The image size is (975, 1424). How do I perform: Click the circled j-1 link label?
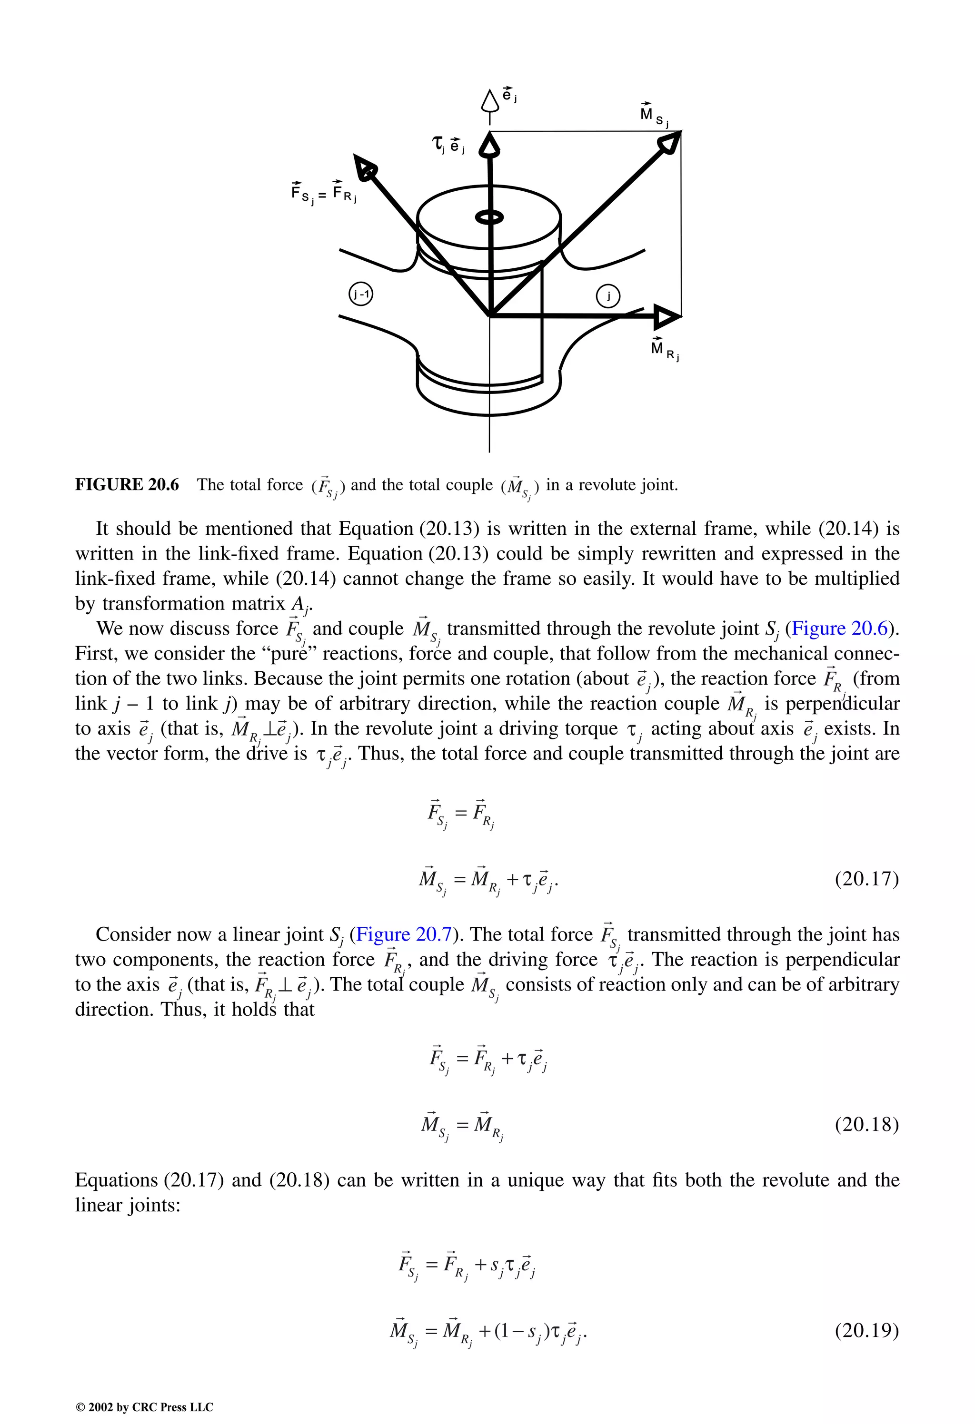point(361,295)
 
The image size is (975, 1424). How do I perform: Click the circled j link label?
point(608,296)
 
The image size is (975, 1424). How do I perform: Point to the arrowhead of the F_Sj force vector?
point(366,167)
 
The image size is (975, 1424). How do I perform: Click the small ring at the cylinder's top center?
point(490,217)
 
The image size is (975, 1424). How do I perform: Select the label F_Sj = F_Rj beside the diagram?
point(324,192)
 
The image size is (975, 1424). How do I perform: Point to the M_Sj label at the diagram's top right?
point(654,115)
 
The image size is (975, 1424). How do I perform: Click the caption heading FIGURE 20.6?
point(127,485)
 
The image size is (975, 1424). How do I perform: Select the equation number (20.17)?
point(866,879)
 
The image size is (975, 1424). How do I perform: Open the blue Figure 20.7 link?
point(404,934)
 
